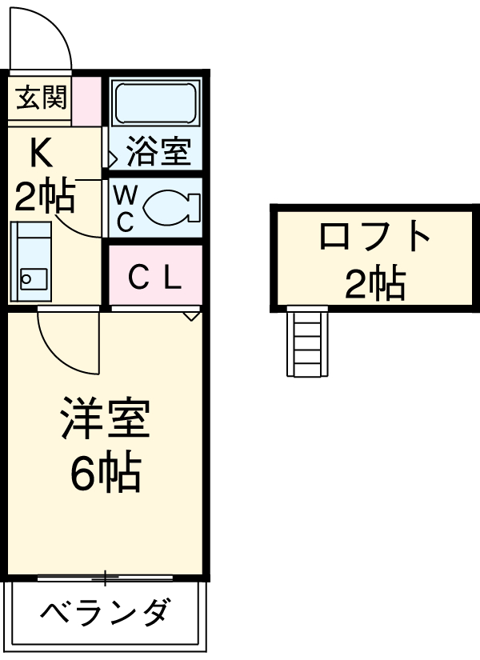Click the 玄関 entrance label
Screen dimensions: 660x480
pos(38,99)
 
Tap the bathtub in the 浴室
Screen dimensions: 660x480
pos(155,102)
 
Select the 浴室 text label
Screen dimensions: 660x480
pos(158,152)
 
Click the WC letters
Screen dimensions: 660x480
pos(125,208)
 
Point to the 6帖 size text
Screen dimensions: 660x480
pos(105,474)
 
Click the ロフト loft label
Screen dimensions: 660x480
pos(374,237)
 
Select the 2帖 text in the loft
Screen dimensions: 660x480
pos(374,282)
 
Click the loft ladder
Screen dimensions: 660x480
pos(308,342)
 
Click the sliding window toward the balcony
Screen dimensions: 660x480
pos(105,577)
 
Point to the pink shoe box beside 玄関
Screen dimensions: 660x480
pos(87,99)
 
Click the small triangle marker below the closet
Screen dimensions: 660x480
pos(191,316)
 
